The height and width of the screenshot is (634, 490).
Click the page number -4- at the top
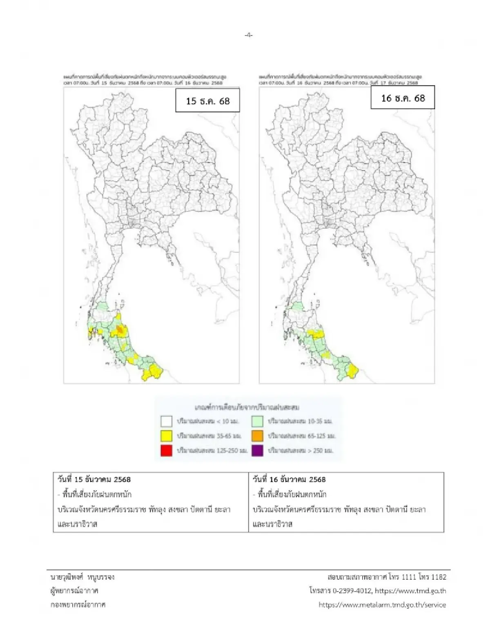click(x=248, y=35)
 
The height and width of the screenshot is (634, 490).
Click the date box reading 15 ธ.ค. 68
click(x=207, y=101)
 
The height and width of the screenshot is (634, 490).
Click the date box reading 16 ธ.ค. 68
click(x=403, y=98)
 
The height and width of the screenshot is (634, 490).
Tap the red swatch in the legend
click(x=166, y=451)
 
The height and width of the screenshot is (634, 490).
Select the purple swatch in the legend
click(x=257, y=451)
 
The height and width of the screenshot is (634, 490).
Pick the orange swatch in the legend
click(x=257, y=436)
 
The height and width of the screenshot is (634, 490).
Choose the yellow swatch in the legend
click(x=166, y=436)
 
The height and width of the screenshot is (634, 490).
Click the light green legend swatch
click(x=257, y=420)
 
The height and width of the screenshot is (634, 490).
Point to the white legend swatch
click(x=166, y=420)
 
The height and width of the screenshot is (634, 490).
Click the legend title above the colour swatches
click(x=248, y=407)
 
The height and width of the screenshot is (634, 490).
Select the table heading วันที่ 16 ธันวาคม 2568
click(x=289, y=479)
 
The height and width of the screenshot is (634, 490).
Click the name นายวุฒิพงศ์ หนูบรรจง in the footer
click(x=80, y=577)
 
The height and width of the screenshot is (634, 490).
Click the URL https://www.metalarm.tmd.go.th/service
click(x=382, y=605)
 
